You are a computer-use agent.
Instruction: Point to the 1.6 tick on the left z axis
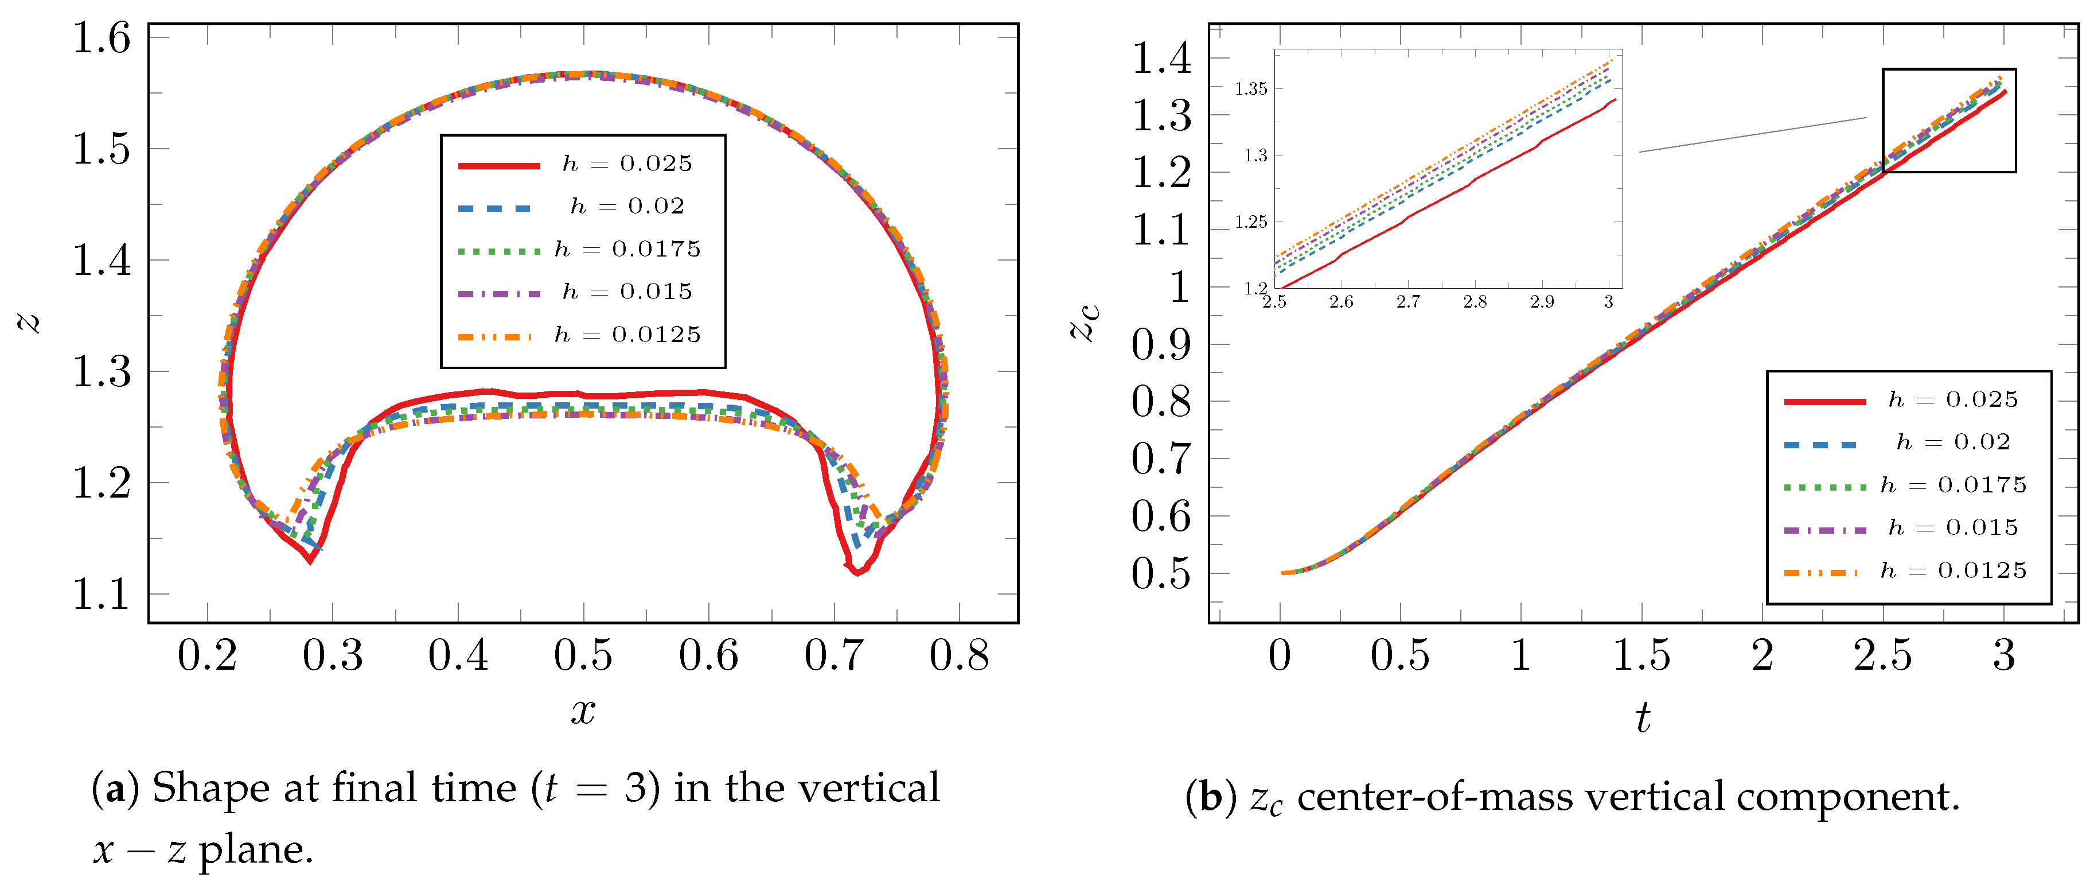102,38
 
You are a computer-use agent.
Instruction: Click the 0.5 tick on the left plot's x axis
583,656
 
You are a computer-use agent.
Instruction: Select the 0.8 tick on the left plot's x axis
959,656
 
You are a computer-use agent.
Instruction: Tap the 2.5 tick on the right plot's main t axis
1882,656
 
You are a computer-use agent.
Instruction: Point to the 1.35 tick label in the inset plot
1250,90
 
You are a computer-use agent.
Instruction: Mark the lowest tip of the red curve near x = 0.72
857,574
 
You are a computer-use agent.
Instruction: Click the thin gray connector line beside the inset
1753,135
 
